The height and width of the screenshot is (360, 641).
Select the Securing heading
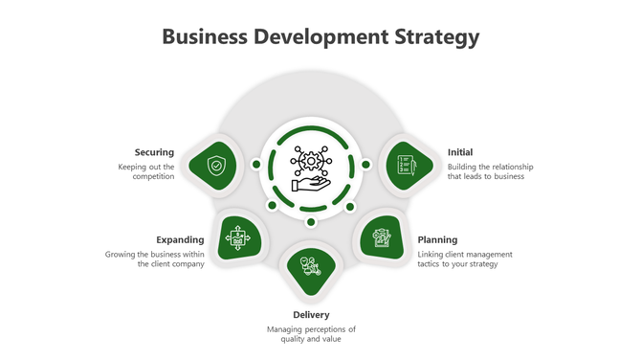(154, 152)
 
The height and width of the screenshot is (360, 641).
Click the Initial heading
(460, 152)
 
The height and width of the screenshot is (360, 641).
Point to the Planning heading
(437, 239)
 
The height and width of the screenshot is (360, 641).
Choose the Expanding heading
(180, 239)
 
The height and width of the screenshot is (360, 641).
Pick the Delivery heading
(311, 314)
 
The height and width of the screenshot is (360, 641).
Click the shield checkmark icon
(217, 166)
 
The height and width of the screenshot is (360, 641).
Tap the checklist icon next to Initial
(405, 166)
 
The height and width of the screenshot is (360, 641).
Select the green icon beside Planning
(382, 236)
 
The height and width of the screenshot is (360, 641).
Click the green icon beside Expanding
(238, 236)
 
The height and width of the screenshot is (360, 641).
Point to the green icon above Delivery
(310, 267)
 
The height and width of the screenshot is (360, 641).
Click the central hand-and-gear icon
(311, 168)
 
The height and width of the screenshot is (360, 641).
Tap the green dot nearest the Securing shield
(256, 165)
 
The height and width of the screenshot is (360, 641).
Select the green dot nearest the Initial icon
(365, 165)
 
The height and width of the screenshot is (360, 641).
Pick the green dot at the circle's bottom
(311, 222)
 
